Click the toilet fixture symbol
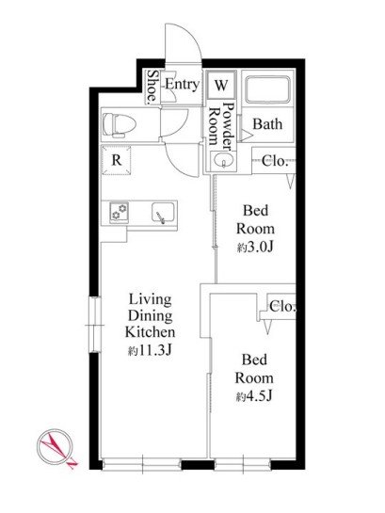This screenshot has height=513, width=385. (x=119, y=124)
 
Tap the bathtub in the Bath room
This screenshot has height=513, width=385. (x=267, y=89)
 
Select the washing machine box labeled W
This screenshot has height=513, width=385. (x=221, y=85)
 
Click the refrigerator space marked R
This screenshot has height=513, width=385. (x=116, y=160)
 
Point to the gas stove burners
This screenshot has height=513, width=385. (x=119, y=212)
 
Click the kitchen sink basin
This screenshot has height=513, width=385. (x=162, y=213)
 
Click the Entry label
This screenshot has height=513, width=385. (x=183, y=84)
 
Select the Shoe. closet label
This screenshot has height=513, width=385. (x=152, y=88)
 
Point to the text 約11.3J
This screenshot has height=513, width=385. (x=150, y=351)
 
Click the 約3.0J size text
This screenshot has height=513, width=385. (x=255, y=248)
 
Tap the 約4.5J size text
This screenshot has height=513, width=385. (x=254, y=396)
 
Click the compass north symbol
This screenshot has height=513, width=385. (x=56, y=446)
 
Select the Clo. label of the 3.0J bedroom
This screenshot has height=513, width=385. (x=275, y=161)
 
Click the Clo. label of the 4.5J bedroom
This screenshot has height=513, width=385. (x=282, y=307)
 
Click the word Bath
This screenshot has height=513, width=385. (x=267, y=124)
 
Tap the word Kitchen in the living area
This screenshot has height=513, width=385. (x=150, y=332)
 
